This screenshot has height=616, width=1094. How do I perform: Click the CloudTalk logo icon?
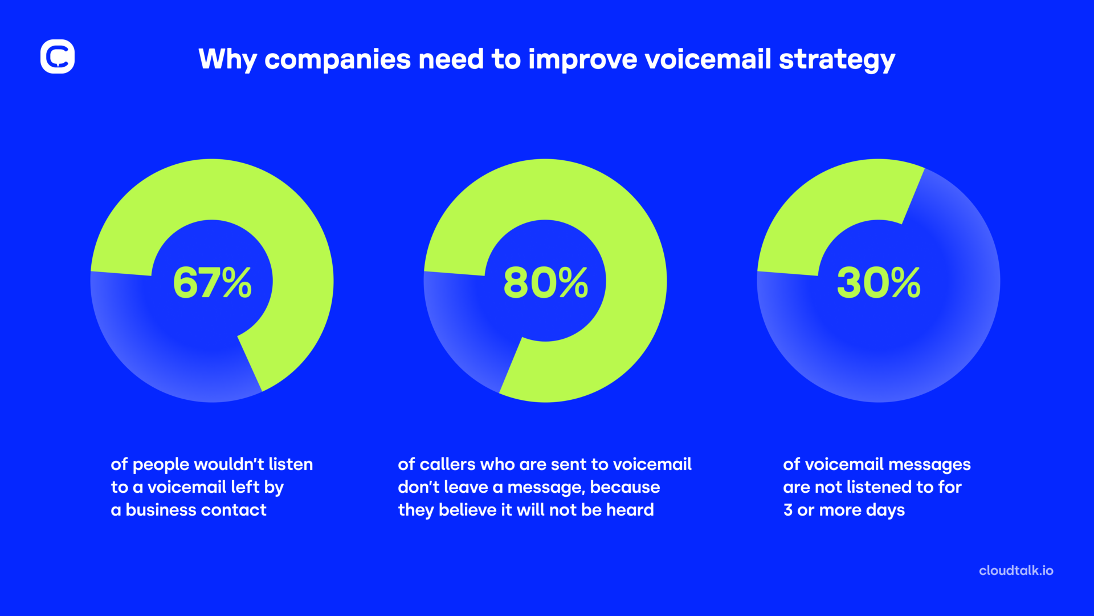(x=58, y=56)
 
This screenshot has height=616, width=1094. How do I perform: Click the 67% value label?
(x=212, y=282)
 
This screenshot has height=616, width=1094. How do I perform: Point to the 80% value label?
(x=545, y=282)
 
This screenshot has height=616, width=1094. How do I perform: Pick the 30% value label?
(x=878, y=282)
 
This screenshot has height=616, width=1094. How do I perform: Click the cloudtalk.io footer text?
(x=1016, y=570)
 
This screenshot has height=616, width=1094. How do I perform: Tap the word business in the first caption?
(x=161, y=510)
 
